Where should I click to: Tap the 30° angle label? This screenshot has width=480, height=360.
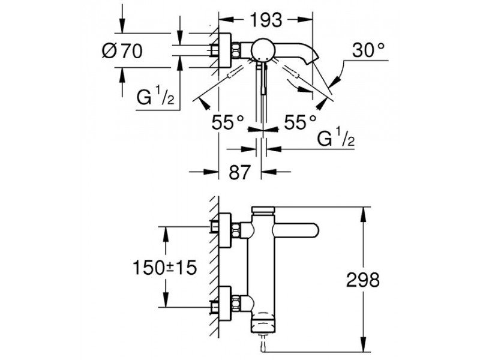point(368,52)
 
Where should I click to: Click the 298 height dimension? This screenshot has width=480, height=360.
point(364,279)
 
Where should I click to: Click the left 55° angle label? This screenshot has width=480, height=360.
point(228,123)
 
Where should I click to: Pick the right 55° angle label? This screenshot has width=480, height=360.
point(299,123)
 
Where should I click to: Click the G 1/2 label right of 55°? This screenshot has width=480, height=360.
point(335,140)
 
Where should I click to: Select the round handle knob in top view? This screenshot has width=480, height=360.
point(262,51)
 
